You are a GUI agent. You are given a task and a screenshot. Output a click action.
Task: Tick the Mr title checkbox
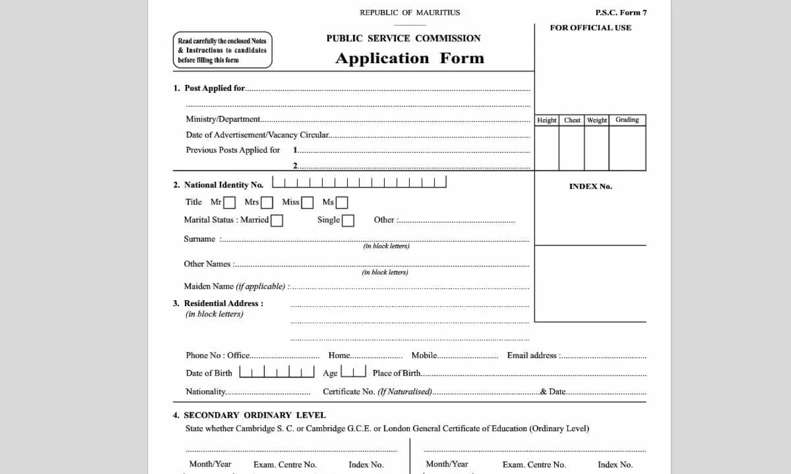(x=229, y=203)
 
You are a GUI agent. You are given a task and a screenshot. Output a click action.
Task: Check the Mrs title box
(x=267, y=203)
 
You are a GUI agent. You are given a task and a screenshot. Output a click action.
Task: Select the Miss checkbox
(x=308, y=203)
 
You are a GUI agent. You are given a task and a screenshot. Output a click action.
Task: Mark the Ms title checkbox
(x=342, y=203)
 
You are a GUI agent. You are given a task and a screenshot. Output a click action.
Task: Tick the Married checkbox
(x=277, y=221)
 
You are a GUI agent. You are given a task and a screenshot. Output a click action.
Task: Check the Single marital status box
(x=348, y=221)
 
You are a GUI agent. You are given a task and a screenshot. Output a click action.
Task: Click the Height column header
(x=547, y=120)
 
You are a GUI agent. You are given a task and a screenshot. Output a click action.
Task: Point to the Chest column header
(x=572, y=120)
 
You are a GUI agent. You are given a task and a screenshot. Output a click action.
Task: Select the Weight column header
(x=597, y=120)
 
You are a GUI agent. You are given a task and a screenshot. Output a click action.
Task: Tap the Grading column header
(x=627, y=120)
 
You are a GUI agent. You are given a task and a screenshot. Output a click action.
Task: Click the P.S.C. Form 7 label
(x=621, y=13)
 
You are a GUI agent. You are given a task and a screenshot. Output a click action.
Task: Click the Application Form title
(x=410, y=58)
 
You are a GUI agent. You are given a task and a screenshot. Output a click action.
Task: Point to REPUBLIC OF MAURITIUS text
(x=410, y=13)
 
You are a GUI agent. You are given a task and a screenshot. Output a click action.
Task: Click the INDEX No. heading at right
(x=590, y=187)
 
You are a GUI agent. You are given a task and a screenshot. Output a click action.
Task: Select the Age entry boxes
(x=353, y=371)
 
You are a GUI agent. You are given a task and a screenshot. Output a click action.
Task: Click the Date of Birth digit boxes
(x=277, y=371)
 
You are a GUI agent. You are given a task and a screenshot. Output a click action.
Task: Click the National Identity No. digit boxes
(x=359, y=182)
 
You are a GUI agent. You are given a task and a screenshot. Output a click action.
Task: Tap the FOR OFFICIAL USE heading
(x=591, y=28)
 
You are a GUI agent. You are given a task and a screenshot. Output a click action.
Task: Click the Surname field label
(x=200, y=239)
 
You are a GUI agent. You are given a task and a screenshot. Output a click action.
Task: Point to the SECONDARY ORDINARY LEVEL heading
(x=255, y=415)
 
